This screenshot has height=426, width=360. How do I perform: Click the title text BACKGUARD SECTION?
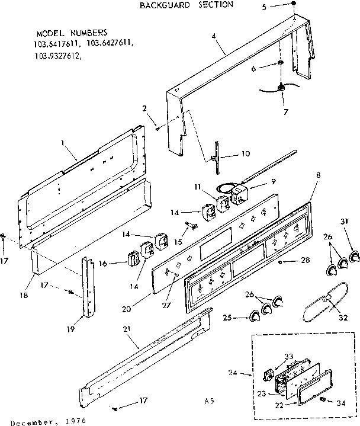tap(186, 5)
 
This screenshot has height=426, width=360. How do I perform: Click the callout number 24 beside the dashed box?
tap(233, 373)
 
